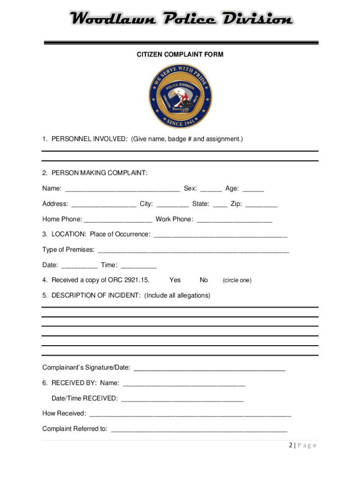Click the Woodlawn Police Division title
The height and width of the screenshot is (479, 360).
click(180, 20)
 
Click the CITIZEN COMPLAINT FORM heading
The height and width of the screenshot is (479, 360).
click(180, 55)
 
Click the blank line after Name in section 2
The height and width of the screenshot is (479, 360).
click(122, 189)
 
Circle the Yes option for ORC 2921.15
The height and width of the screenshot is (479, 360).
click(175, 280)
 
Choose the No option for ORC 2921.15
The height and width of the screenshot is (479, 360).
click(204, 280)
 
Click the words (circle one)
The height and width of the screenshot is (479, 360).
click(237, 281)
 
